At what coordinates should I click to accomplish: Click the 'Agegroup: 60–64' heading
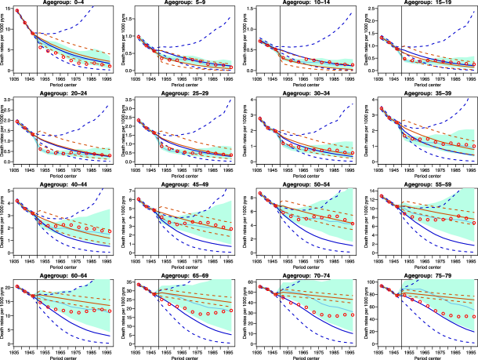pos(66,278)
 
